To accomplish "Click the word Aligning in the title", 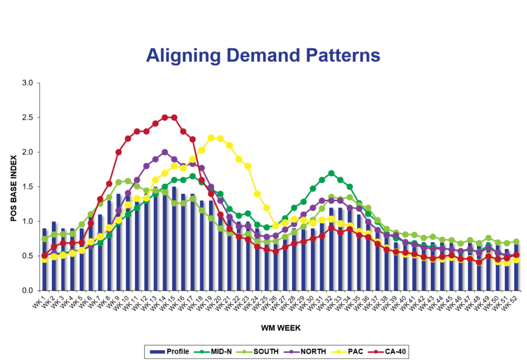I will [176, 56].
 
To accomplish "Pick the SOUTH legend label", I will [266, 352].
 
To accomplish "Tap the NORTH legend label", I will [313, 352].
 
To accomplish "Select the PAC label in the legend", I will [355, 352].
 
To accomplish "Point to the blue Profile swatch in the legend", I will [157, 352].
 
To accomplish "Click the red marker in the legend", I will [377, 352].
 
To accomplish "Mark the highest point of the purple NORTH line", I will [165, 152].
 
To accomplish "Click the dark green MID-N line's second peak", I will [331, 174].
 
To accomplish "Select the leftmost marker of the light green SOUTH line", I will [44, 239].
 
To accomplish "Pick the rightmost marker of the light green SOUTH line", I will [516, 241].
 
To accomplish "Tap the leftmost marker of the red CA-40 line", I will [44, 255].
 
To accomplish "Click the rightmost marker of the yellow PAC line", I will [516, 260].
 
